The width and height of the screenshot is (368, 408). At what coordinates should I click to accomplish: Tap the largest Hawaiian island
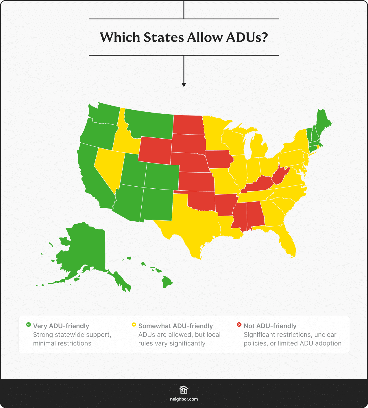coord(167,281)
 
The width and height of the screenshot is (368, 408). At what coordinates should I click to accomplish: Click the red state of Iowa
coord(218,159)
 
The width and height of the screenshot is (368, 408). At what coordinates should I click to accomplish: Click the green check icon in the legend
coord(28,325)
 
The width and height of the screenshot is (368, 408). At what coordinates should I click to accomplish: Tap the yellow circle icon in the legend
coord(134,325)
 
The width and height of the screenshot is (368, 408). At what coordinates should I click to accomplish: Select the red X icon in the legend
coord(239,325)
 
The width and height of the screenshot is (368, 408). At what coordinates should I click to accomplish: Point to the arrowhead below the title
coord(184,85)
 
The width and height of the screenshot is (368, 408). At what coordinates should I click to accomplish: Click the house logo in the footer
coord(184,390)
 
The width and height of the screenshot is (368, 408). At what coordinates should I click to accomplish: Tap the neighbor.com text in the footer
coord(184,399)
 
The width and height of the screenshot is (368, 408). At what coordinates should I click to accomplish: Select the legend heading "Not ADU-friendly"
coord(270,326)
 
